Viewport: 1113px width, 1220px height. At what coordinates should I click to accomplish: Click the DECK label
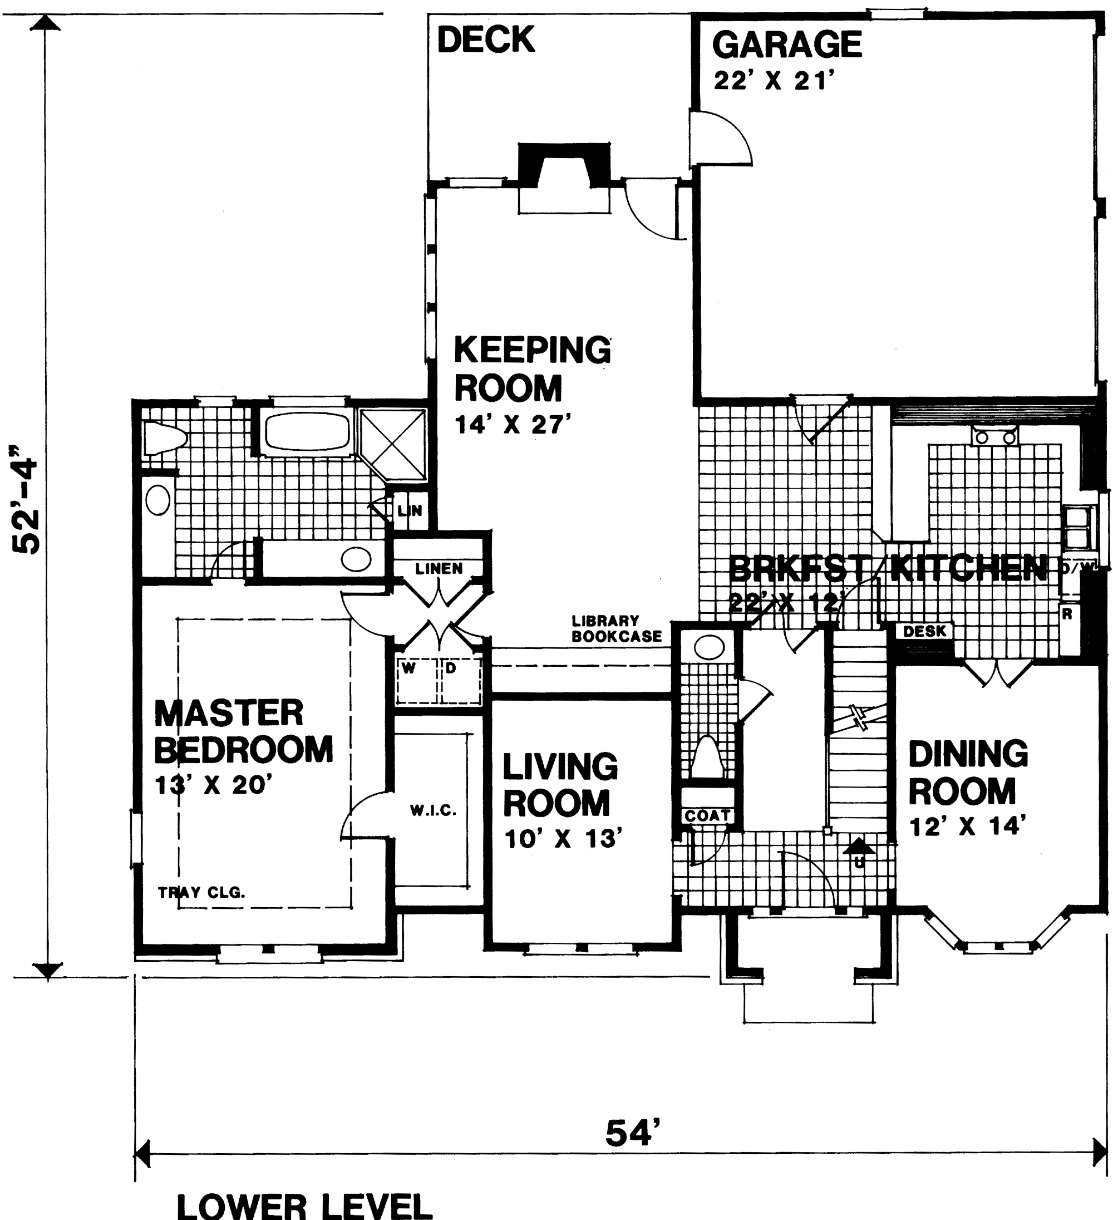point(485,40)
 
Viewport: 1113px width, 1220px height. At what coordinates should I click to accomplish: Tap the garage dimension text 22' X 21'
point(774,81)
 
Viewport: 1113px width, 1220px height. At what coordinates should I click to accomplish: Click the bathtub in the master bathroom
point(307,431)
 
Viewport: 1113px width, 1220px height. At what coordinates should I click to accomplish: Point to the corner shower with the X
point(395,444)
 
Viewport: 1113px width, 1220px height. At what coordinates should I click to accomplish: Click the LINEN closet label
point(439,568)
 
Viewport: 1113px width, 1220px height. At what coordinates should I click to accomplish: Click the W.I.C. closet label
point(433,811)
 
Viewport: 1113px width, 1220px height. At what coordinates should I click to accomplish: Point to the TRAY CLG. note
point(201,892)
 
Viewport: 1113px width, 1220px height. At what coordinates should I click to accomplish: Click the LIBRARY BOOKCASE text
point(616,629)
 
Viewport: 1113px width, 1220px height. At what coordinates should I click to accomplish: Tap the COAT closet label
point(707,815)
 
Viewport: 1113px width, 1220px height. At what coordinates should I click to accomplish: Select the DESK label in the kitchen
point(924,631)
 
